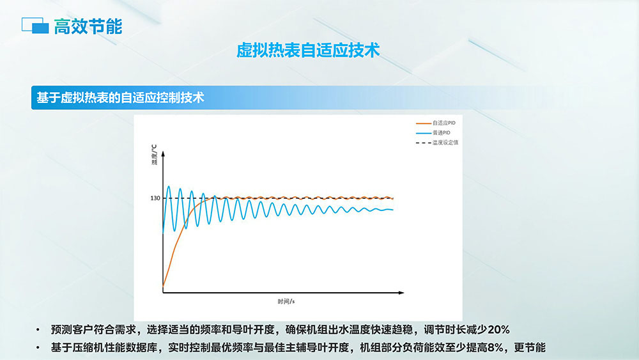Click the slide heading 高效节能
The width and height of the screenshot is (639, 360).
(88, 26)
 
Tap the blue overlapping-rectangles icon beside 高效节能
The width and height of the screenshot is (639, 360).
(35, 26)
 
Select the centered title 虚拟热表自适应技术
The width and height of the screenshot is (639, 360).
(308, 51)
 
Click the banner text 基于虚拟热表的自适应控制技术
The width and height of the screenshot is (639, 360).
(120, 98)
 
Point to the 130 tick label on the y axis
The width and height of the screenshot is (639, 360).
(155, 198)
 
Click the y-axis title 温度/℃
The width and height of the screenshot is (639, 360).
(154, 155)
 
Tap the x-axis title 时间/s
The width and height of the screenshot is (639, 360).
(286, 301)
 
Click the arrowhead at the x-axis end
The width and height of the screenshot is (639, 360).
(401, 293)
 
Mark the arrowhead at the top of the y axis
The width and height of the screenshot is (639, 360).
(163, 154)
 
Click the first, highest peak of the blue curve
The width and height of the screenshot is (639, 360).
(169, 187)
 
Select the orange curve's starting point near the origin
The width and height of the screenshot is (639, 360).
(163, 286)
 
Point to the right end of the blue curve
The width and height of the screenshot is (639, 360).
(393, 210)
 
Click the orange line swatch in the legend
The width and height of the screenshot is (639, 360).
(424, 123)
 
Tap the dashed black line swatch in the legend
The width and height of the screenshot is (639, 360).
(424, 143)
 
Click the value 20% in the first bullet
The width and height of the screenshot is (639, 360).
(498, 329)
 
